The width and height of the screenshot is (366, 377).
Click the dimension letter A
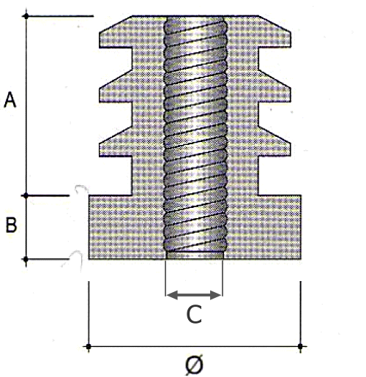point(10,100)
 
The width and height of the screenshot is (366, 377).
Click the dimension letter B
point(11,225)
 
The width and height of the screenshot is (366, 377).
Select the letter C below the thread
point(194,314)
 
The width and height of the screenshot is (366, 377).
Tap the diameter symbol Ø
point(194,365)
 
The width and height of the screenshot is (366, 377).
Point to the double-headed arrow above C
point(194,295)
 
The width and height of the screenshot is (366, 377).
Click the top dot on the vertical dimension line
point(26,16)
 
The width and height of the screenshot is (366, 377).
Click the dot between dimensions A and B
point(26,195)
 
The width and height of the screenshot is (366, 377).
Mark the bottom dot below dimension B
point(26,259)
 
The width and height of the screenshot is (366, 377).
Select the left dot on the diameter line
point(89,346)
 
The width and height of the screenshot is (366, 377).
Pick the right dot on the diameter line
point(300,346)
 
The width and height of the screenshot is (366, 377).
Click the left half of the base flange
point(127,227)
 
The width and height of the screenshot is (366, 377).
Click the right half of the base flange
point(263,227)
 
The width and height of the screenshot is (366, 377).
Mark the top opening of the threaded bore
point(195,17)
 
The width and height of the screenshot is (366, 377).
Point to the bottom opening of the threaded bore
point(195,258)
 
